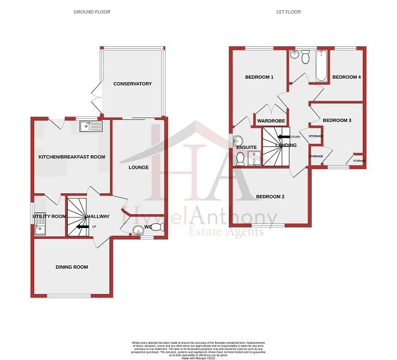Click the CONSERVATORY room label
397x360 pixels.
tap(133, 84)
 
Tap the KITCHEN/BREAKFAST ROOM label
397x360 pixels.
tap(71, 157)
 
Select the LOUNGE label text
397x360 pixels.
tap(139, 167)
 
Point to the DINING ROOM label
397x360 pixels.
tap(72, 267)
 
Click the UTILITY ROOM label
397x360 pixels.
tap(50, 216)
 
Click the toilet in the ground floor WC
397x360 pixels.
tap(156, 227)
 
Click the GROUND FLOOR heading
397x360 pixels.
tap(91, 12)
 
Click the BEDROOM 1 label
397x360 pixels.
tap(259, 77)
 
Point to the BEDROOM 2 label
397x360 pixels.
tap(270, 196)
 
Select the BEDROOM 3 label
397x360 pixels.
tap(336, 121)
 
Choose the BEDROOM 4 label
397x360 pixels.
tap(347, 77)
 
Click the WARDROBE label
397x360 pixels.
tap(270, 121)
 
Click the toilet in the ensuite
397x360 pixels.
tap(240, 158)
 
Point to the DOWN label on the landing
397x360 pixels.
tap(295, 136)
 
